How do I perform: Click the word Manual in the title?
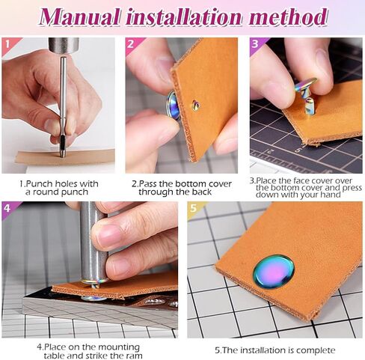[79, 17]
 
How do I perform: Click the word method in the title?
[288, 17]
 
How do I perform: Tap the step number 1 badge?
[7, 44]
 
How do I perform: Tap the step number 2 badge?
[130, 44]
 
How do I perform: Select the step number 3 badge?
[255, 44]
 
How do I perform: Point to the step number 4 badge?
[7, 208]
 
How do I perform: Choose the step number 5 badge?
[193, 208]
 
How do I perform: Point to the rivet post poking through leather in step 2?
[196, 106]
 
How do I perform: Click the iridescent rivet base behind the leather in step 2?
[173, 105]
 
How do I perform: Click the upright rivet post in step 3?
[309, 106]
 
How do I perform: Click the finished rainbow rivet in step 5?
[274, 272]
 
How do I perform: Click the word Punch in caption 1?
[40, 184]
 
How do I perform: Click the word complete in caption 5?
[316, 350]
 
